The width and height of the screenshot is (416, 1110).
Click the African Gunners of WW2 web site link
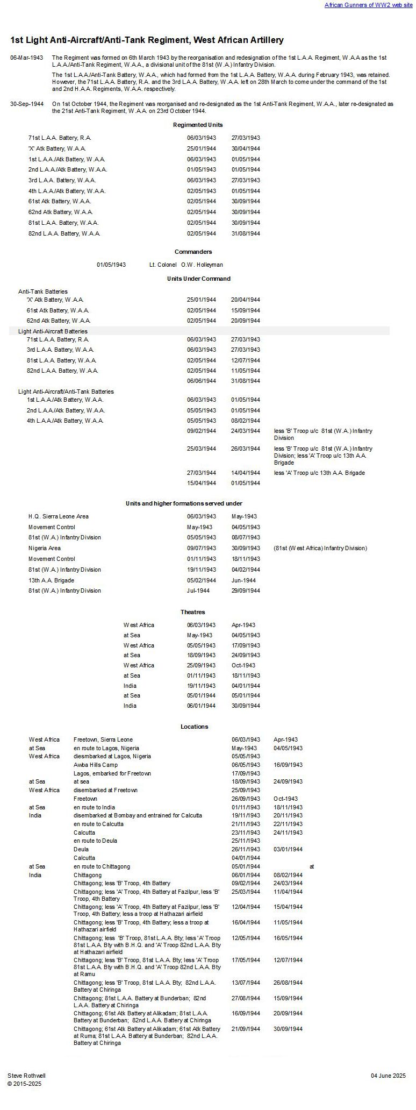tap(368, 5)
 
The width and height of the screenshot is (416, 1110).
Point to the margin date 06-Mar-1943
tap(26, 58)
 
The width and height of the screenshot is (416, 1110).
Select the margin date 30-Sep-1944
tap(26, 104)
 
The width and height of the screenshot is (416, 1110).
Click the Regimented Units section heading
tap(198, 125)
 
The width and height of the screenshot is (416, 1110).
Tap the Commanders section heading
tap(193, 252)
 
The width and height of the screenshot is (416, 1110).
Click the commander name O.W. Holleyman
tap(202, 265)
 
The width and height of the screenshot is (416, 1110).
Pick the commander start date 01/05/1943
tap(111, 265)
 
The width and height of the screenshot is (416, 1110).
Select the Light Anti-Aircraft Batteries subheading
tap(53, 331)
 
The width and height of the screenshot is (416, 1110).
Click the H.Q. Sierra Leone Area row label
tap(59, 516)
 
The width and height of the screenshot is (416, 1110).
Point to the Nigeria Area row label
tap(45, 548)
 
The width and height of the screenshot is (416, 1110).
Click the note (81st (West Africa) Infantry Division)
tap(320, 548)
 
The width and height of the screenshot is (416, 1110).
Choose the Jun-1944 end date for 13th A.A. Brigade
tap(243, 580)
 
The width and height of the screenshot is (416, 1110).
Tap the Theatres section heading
tap(193, 612)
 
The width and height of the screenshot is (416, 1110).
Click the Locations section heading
tap(194, 727)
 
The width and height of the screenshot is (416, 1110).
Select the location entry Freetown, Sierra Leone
tap(103, 739)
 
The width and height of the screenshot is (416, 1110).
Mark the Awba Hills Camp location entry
tap(96, 765)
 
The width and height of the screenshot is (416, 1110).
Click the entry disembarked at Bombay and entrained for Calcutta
tap(138, 815)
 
